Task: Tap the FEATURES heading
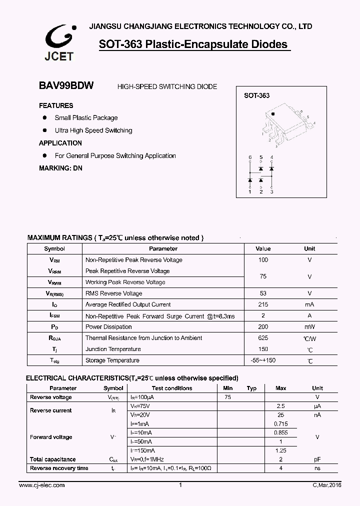coord(56,105)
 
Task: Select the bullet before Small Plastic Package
coord(44,117)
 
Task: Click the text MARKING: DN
coord(60,168)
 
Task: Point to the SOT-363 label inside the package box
coord(256,95)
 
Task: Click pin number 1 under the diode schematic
coord(250,191)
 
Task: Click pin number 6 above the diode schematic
coord(250,157)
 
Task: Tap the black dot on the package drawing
coord(273,114)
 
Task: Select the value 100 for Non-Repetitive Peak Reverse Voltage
coord(263,259)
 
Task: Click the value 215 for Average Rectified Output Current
coord(263,304)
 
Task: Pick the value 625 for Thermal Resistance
coord(263,338)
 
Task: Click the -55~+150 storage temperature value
coord(263,360)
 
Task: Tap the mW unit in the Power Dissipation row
coord(309,327)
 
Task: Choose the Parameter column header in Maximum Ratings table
coord(163,248)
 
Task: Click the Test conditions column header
coord(172,388)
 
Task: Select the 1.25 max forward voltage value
coord(280,450)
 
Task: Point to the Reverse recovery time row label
coord(59,468)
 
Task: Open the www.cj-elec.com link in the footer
coord(41,485)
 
